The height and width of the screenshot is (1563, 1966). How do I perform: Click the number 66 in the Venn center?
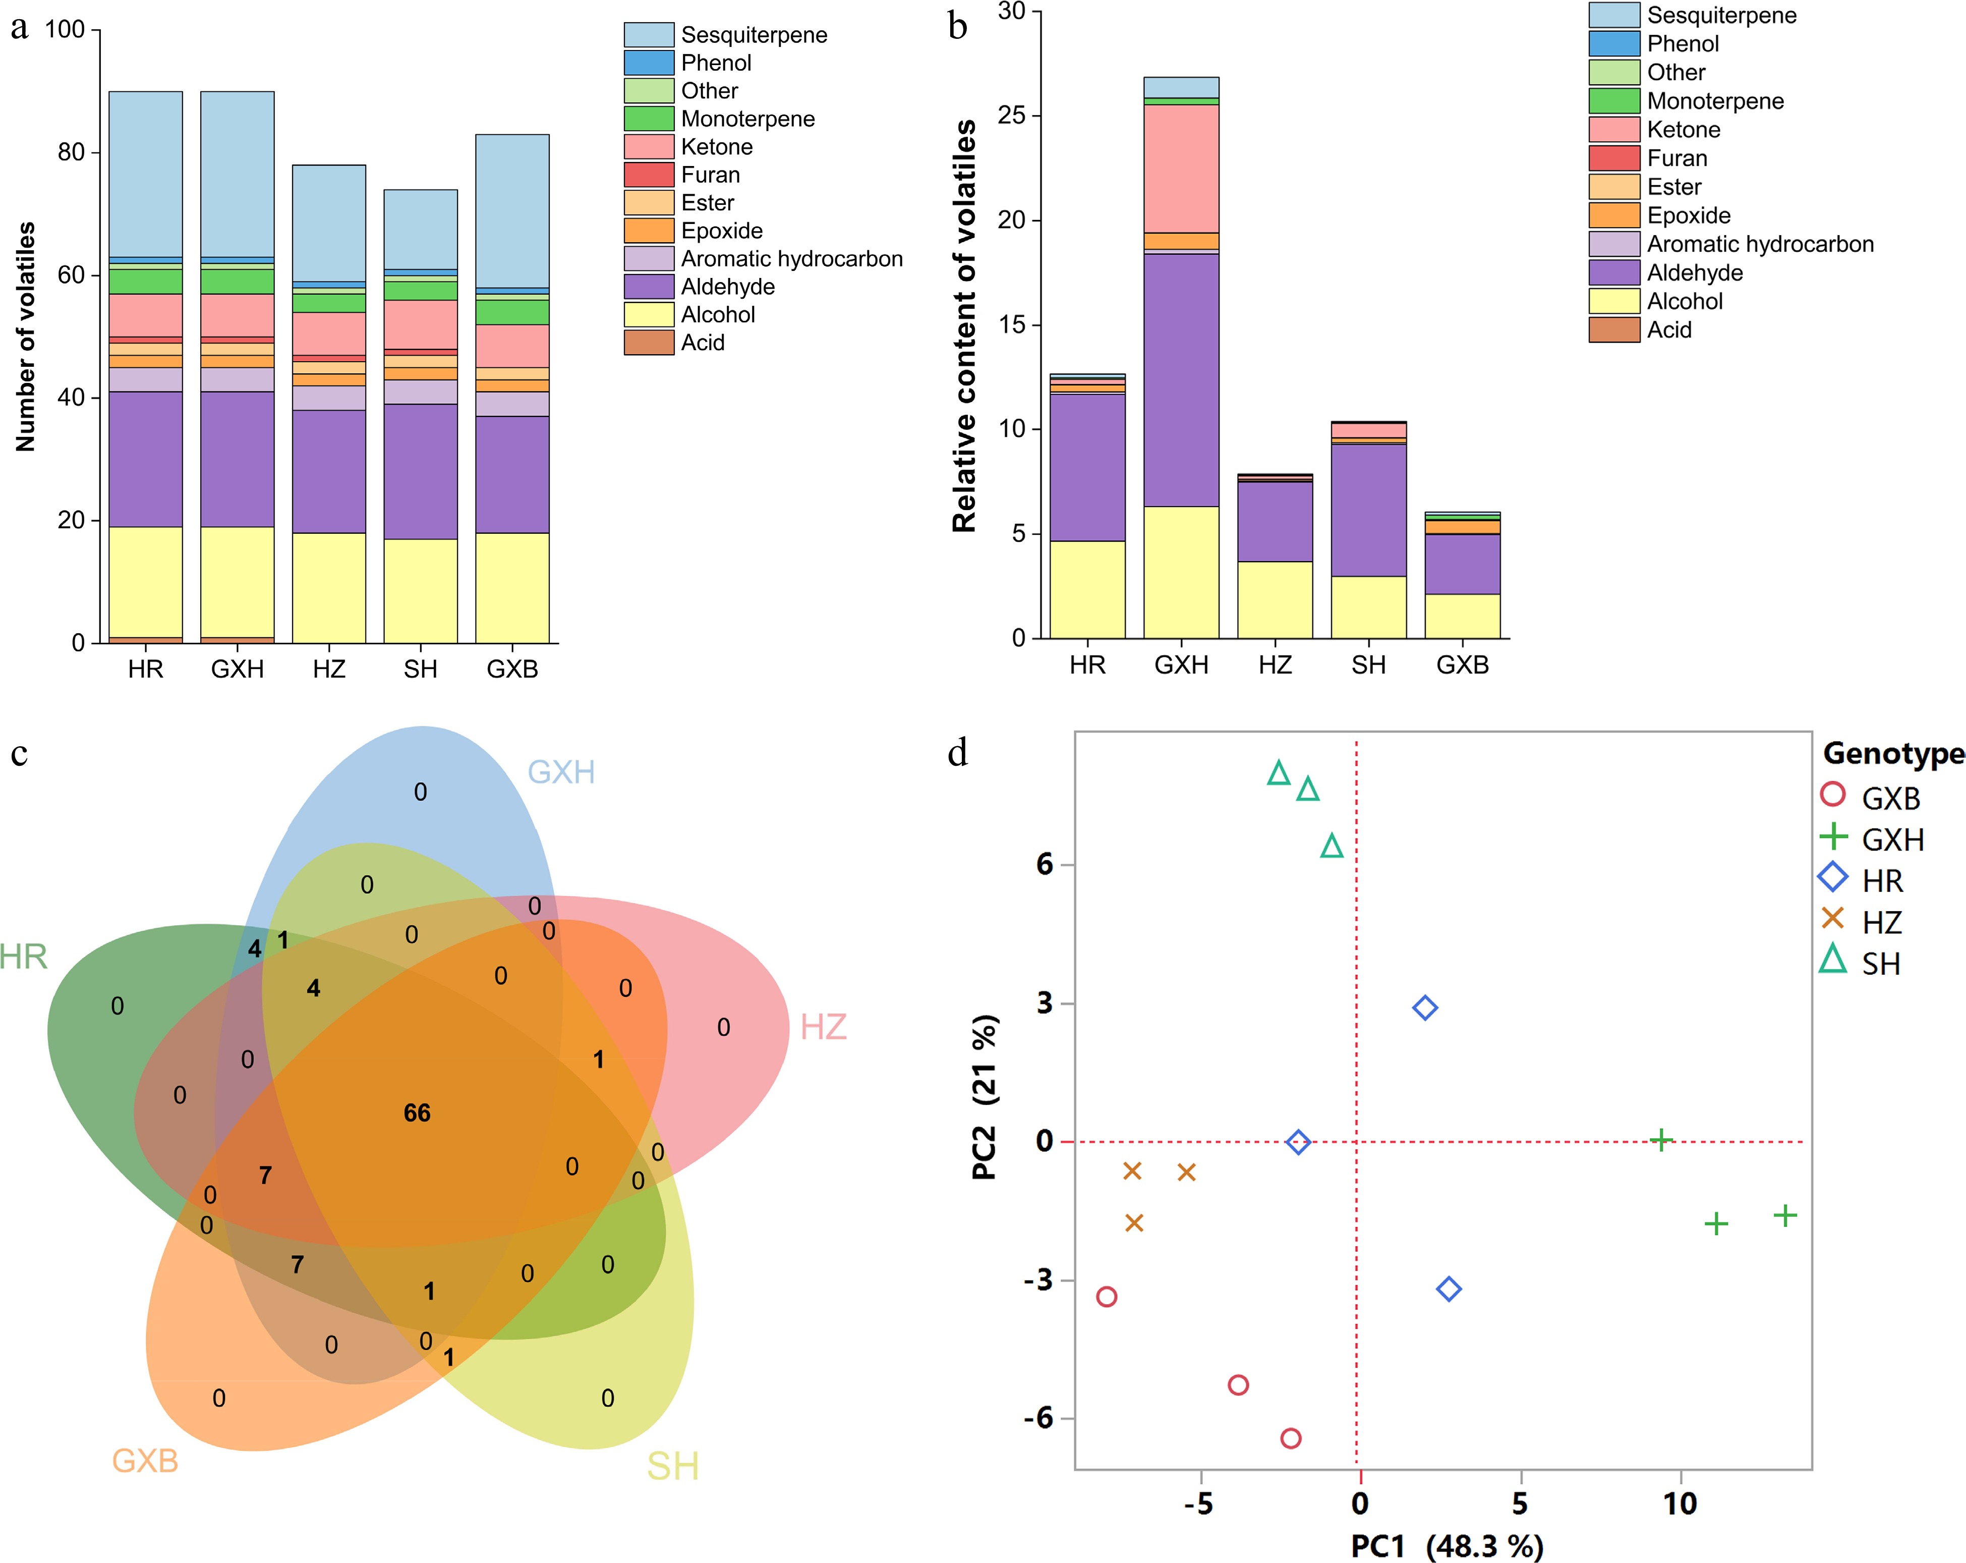417,1112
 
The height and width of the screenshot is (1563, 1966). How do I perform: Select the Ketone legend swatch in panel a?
648,147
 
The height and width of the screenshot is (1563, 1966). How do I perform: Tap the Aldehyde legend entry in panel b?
1694,272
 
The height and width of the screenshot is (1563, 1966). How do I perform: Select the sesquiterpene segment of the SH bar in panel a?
420,229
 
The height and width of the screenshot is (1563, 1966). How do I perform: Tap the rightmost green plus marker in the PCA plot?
1784,1215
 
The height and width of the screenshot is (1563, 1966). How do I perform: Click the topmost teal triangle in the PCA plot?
1279,773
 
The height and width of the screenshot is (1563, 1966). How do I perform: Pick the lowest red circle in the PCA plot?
1290,1438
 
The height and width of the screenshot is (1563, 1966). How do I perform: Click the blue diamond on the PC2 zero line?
1299,1142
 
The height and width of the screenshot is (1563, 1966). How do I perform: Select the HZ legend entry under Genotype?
1881,923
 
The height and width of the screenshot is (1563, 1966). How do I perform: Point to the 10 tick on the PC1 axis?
1680,1503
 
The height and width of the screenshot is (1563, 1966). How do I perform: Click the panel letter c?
19,754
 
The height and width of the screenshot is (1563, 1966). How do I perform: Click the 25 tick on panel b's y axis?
1012,116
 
